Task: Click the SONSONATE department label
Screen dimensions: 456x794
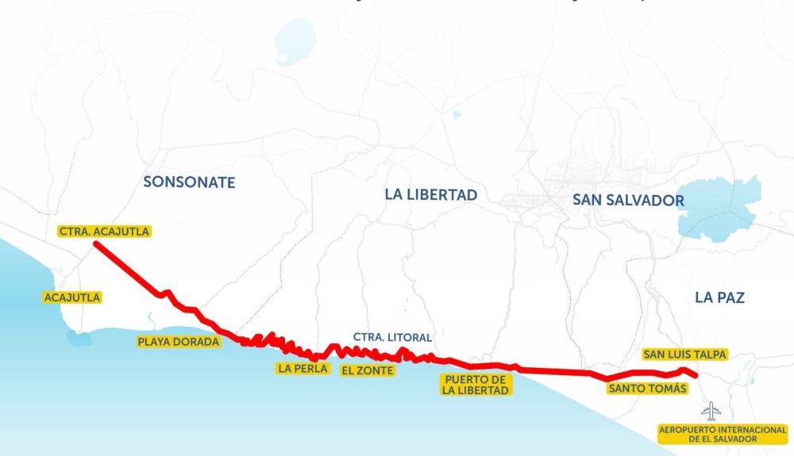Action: pos(189,182)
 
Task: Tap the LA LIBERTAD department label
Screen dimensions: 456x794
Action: pos(430,194)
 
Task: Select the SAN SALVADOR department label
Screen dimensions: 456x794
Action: pos(628,200)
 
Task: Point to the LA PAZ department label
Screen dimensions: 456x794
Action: pos(719,297)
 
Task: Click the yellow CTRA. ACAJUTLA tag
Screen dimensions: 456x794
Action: pos(104,232)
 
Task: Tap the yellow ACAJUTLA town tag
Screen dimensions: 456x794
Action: pos(72,297)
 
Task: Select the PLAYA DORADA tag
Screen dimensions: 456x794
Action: pos(178,342)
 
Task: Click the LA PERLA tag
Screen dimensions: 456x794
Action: pos(303,368)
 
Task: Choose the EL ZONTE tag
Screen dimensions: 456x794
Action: pos(366,370)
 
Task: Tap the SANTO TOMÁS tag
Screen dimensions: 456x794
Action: pos(647,389)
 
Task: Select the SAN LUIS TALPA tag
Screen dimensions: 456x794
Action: pos(684,354)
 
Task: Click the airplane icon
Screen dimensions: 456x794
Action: pos(711,411)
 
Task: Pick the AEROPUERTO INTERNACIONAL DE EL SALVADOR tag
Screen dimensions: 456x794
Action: pos(723,434)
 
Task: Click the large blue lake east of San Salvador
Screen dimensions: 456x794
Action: pos(719,209)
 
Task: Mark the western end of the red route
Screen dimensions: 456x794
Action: pos(95,244)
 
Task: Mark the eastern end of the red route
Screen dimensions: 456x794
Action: pos(696,376)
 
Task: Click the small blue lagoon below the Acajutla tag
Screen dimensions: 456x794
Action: pos(79,339)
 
